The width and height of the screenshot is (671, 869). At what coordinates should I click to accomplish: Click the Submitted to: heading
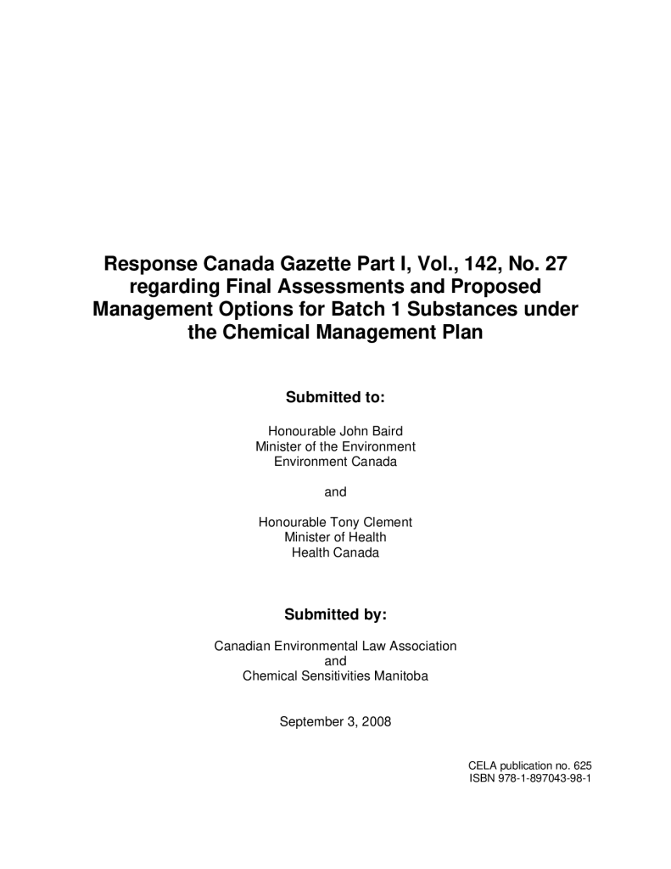point(335,397)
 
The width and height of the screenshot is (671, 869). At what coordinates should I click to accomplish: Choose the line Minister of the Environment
point(335,446)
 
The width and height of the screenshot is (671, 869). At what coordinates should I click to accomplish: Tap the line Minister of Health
point(335,537)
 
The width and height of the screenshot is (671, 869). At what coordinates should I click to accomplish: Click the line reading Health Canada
point(335,552)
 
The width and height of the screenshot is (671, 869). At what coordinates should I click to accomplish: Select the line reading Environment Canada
point(335,462)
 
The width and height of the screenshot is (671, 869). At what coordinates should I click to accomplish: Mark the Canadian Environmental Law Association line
point(335,646)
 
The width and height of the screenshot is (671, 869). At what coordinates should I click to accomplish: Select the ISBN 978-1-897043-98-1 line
point(529,778)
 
